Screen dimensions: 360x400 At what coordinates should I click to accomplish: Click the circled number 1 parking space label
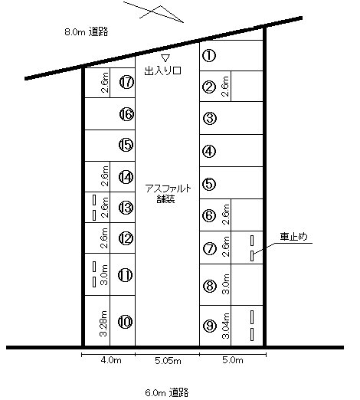209,55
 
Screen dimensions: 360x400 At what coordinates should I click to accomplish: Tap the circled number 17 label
126,82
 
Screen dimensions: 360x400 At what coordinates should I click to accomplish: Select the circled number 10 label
126,322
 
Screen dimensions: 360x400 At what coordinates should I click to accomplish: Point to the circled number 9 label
210,326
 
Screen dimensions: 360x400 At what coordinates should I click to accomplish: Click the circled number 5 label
209,184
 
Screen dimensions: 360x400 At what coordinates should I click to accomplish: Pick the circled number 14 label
126,177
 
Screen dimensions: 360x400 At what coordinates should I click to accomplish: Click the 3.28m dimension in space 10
103,323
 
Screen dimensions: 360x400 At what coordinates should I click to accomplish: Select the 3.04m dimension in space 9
226,326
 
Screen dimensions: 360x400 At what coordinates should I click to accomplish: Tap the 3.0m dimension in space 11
104,275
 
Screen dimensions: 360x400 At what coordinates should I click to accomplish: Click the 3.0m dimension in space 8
226,284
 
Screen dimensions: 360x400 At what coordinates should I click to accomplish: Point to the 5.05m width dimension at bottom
168,361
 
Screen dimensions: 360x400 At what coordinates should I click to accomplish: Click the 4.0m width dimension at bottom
111,360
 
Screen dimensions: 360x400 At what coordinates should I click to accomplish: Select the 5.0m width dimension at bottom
233,360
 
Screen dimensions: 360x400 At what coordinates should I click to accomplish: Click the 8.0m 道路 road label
87,32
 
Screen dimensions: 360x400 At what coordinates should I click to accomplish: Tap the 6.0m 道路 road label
167,392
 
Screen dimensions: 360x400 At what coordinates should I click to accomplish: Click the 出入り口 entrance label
163,70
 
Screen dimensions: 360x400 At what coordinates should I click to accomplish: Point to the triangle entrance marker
165,58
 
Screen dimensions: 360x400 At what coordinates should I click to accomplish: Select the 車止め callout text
293,237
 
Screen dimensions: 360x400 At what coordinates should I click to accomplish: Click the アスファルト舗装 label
169,194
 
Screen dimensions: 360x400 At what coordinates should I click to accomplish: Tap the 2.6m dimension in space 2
225,87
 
